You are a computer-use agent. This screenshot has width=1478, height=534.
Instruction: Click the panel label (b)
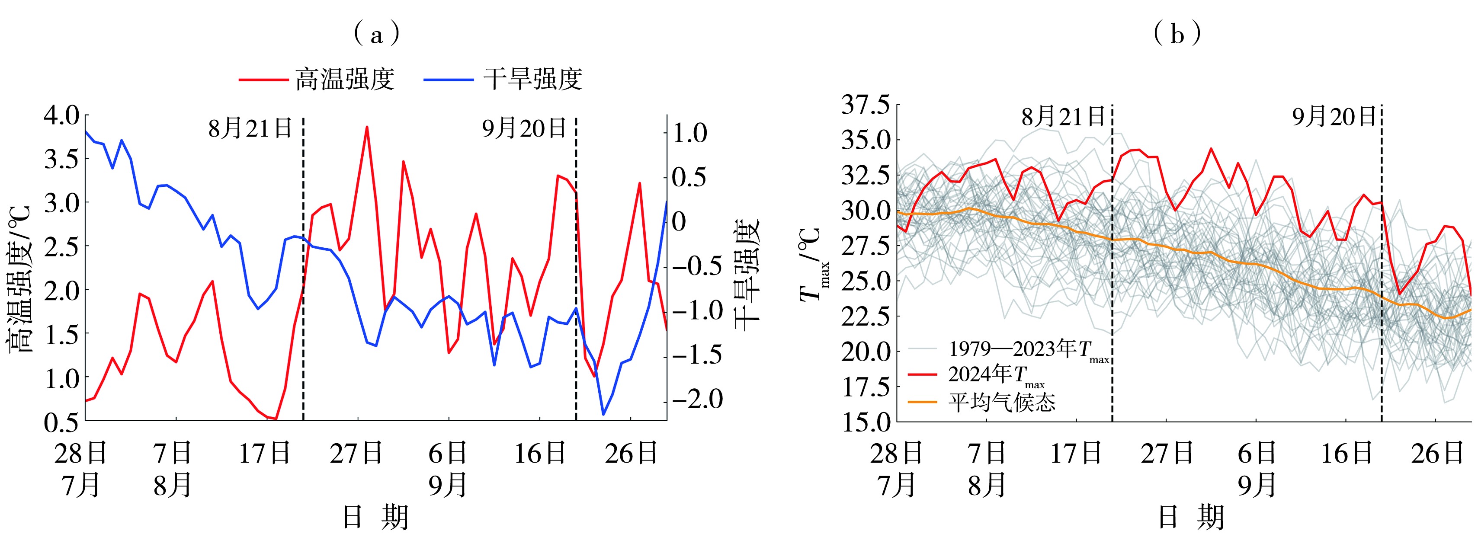1177,35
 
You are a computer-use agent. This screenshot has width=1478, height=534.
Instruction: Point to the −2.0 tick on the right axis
698,399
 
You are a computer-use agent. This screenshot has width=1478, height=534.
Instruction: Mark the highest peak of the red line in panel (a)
367,127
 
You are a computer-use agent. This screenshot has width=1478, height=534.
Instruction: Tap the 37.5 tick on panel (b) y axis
865,106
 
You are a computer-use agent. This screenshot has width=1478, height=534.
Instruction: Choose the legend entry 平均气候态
1001,402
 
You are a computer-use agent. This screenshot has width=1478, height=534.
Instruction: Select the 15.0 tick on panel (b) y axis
865,422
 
